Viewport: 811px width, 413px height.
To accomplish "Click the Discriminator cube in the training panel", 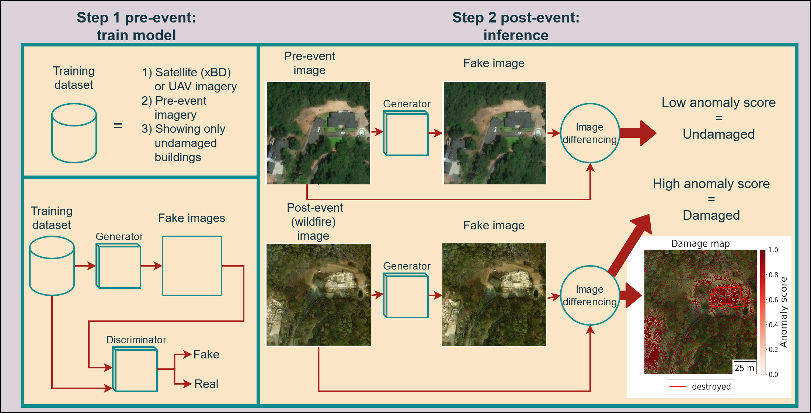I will click(x=135, y=369).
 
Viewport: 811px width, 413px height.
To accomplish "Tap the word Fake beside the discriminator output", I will click(x=206, y=354).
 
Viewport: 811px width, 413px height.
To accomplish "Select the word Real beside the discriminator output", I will click(x=206, y=384).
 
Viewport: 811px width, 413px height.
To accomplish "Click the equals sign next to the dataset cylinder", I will click(x=118, y=126).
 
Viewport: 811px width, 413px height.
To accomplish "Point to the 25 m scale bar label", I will click(x=744, y=368).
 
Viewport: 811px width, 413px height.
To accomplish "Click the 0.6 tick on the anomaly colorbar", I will click(x=773, y=300).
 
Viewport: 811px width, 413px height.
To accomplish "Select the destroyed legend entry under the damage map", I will click(x=700, y=387).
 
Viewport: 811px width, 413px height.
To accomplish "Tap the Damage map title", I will click(x=700, y=243).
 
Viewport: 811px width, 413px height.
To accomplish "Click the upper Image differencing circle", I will click(x=590, y=133).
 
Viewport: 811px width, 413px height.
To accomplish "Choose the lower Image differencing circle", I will click(x=590, y=295).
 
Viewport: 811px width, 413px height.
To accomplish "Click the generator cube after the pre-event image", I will click(x=406, y=133).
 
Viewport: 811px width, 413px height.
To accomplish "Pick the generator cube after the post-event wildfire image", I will click(x=406, y=296).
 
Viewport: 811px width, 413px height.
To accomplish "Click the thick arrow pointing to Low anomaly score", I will click(x=638, y=133).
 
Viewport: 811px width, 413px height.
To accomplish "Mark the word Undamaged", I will click(x=718, y=134).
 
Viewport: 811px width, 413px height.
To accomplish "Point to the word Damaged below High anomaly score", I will click(x=711, y=215).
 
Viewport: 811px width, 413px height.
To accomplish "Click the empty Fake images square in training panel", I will click(x=192, y=266).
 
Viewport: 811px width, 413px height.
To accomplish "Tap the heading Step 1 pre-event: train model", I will click(x=136, y=26).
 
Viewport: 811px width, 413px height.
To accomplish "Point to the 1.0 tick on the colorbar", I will click(x=773, y=250).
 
